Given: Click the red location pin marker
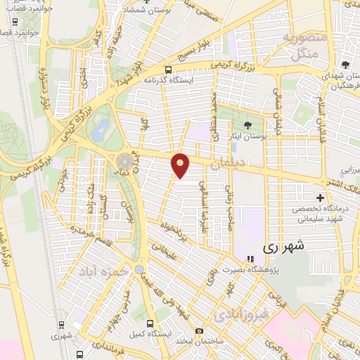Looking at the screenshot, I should tap(181, 166).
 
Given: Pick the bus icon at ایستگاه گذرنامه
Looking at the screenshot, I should tap(168, 70).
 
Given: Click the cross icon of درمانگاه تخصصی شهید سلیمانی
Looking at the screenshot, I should tap(321, 200).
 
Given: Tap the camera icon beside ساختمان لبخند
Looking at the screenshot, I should tap(199, 331).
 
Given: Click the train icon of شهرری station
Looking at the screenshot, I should tap(61, 326).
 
